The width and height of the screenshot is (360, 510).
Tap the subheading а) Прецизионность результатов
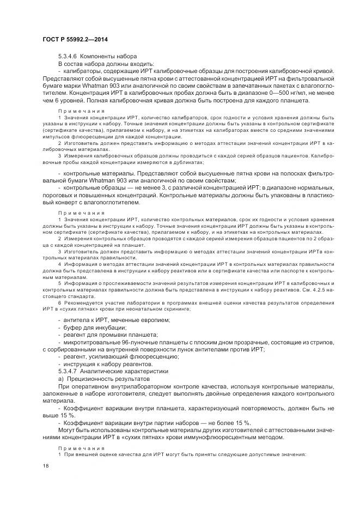103,378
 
